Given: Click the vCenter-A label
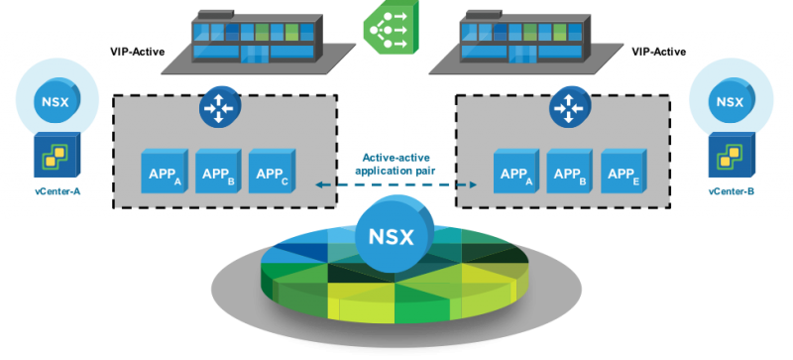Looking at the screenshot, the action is point(57,191).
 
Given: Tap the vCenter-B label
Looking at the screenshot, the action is point(732,191).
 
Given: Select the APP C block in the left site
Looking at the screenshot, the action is point(272,171).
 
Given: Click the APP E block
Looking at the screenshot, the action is point(623,171).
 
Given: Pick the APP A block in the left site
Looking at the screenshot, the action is point(165,171).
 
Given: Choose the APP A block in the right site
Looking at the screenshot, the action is point(516,171).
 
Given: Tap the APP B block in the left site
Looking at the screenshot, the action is point(218,171).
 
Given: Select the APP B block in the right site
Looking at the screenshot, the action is point(570,171).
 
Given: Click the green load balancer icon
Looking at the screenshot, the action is point(391,27).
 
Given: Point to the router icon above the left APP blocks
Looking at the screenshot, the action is point(219,107).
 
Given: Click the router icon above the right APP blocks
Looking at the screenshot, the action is point(569,107).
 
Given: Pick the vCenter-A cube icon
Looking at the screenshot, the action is point(57,155).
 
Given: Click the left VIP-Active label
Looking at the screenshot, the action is point(138,52).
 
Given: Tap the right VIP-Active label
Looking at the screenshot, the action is point(659,52).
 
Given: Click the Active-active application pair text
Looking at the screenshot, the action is point(396,164).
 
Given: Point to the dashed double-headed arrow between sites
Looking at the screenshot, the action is point(396,184).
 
